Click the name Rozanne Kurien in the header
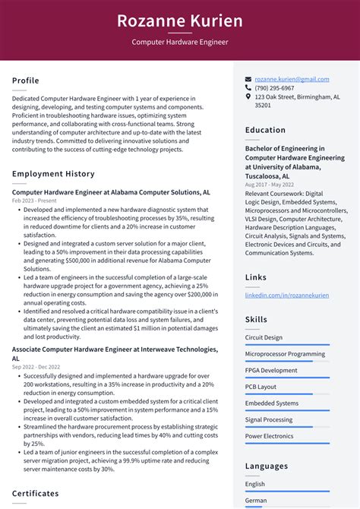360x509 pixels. point(180,21)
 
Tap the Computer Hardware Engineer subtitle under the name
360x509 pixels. point(180,43)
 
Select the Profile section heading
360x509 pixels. point(26,81)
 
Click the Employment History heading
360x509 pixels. point(53,174)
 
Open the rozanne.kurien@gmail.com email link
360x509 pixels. point(292,79)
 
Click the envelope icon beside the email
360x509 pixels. point(248,79)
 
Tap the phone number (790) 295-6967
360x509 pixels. point(274,88)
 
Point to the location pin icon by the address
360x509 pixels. point(248,97)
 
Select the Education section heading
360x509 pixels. point(265,130)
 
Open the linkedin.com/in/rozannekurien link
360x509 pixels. point(287,295)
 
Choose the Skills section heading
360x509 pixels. point(256,320)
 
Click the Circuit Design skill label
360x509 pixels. point(264,337)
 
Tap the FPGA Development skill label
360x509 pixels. point(271,370)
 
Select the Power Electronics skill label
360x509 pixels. point(269,436)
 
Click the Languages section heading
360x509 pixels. point(267,466)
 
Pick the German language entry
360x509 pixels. point(256,501)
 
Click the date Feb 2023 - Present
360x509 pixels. point(35,201)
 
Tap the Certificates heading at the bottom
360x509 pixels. point(36,493)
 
